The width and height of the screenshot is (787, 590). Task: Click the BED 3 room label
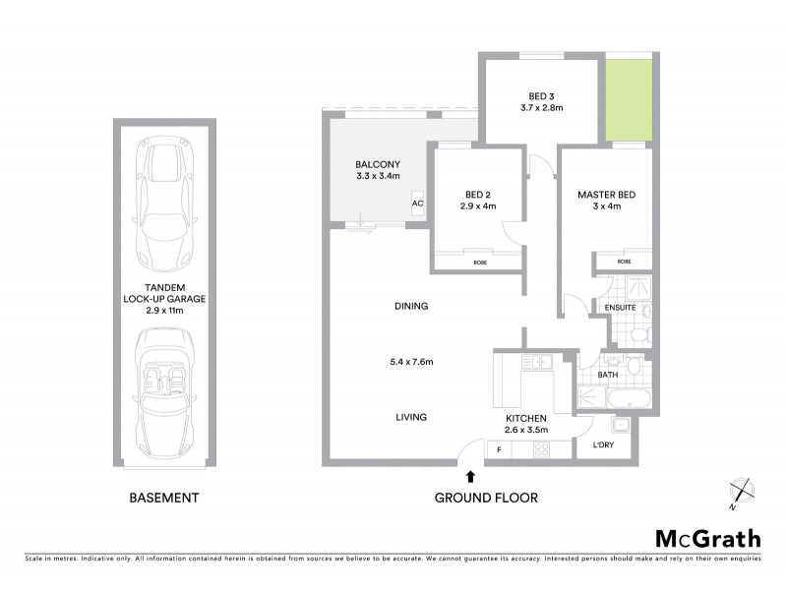[538, 95]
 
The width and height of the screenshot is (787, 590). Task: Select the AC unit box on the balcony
[417, 204]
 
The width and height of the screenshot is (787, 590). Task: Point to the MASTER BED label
[606, 195]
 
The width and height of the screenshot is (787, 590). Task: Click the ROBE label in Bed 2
[479, 263]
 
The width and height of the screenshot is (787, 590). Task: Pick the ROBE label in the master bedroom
[624, 263]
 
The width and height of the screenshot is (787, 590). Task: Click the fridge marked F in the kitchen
[499, 450]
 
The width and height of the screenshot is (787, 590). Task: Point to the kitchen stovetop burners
[540, 450]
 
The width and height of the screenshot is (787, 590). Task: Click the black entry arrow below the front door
[471, 476]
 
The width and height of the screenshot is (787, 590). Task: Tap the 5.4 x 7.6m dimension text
[411, 362]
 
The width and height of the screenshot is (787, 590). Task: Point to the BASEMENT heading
[164, 499]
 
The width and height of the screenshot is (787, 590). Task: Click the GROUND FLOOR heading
[486, 499]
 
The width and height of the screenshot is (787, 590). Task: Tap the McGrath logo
[707, 538]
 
